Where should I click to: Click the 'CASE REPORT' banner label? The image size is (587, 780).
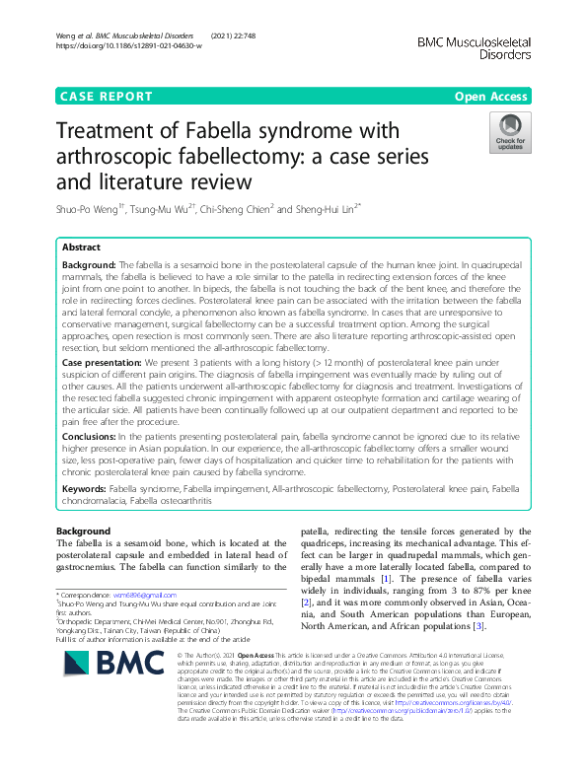107,97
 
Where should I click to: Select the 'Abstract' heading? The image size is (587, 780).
83,248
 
